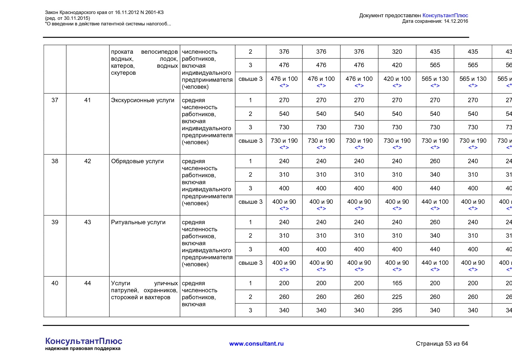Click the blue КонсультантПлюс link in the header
coord(445,15)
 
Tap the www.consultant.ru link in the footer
coord(256,344)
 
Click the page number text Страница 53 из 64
coord(442,344)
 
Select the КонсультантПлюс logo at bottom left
coord(83,341)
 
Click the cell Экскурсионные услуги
coord(142,100)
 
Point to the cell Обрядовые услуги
coord(137,161)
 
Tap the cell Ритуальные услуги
coord(138,222)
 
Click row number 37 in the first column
coord(55,100)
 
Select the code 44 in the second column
coord(88,283)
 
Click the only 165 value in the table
coord(397,283)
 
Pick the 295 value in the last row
coord(397,310)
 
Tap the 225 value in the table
coord(397,297)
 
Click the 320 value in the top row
coord(397,52)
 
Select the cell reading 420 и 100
coord(397,79)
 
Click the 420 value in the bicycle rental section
coord(397,65)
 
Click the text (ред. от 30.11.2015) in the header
coord(67,18)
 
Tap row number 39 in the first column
coord(55,222)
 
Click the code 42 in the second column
coord(88,161)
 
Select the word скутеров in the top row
coord(123,73)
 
